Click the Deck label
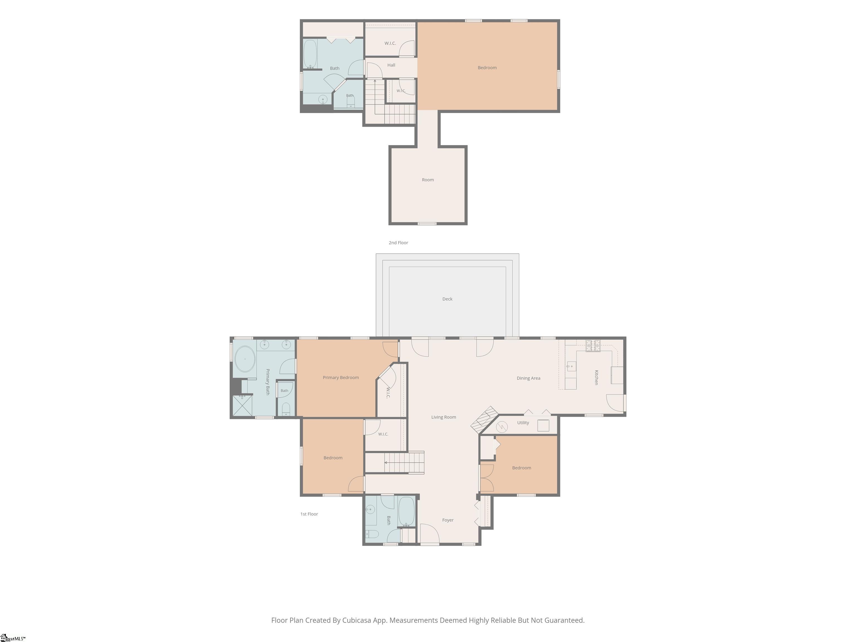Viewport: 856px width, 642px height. pos(447,299)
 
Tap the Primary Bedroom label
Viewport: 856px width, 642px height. pos(341,378)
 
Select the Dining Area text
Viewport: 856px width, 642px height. pos(528,378)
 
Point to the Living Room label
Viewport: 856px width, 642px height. pos(444,417)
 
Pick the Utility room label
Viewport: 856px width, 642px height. pos(523,423)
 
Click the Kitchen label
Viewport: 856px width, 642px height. pos(596,377)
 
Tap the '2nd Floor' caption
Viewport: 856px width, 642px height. pos(398,243)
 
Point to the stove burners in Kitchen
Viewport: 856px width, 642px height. pos(593,346)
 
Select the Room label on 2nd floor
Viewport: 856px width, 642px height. pos(428,179)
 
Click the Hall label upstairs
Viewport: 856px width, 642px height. pos(391,65)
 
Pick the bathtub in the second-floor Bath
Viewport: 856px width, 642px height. pos(310,54)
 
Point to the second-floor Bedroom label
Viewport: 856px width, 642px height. pos(487,68)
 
